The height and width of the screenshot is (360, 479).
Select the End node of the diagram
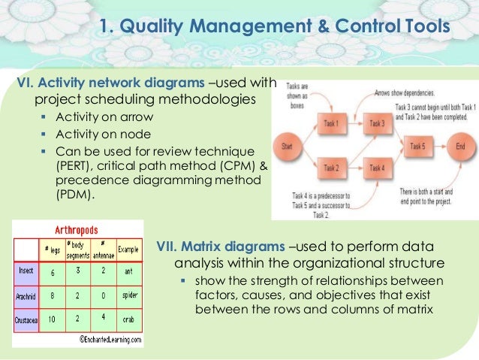tap(459, 147)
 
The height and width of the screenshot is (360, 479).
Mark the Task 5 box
tap(418, 147)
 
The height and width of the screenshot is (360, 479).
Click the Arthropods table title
tap(80, 230)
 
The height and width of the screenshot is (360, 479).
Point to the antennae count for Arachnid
tap(104, 295)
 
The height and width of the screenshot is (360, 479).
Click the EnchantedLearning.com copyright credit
tap(112, 339)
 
